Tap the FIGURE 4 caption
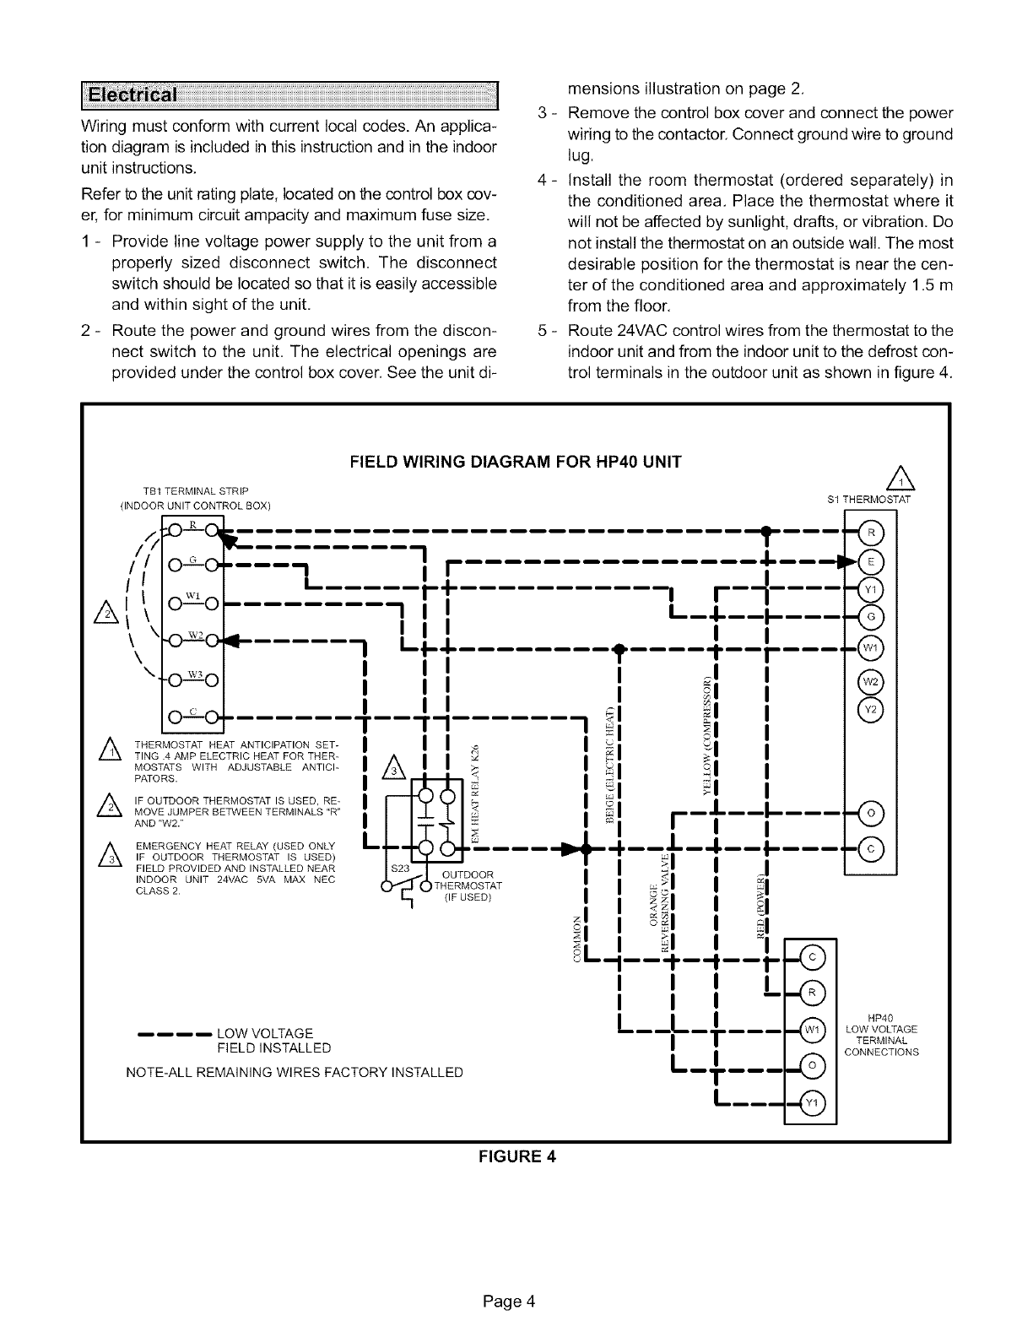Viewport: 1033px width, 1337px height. click(516, 1156)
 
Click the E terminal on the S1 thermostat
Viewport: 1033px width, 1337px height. click(870, 561)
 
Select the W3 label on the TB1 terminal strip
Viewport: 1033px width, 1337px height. click(192, 674)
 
